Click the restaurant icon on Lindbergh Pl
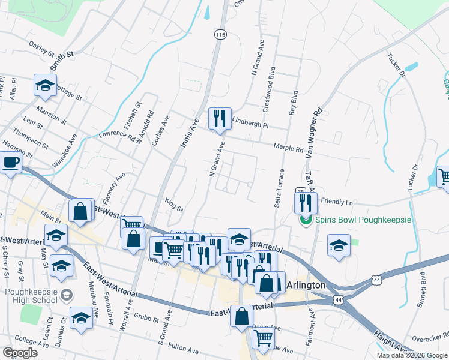pyautogui.click(x=219, y=118)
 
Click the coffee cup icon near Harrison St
pyautogui.click(x=10, y=162)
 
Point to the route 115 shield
pyautogui.click(x=220, y=35)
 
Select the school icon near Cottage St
pyautogui.click(x=45, y=85)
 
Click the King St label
pyautogui.click(x=173, y=205)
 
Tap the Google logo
pyautogui.click(x=20, y=353)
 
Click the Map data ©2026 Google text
pyautogui.click(x=411, y=355)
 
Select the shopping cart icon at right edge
pyautogui.click(x=444, y=176)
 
